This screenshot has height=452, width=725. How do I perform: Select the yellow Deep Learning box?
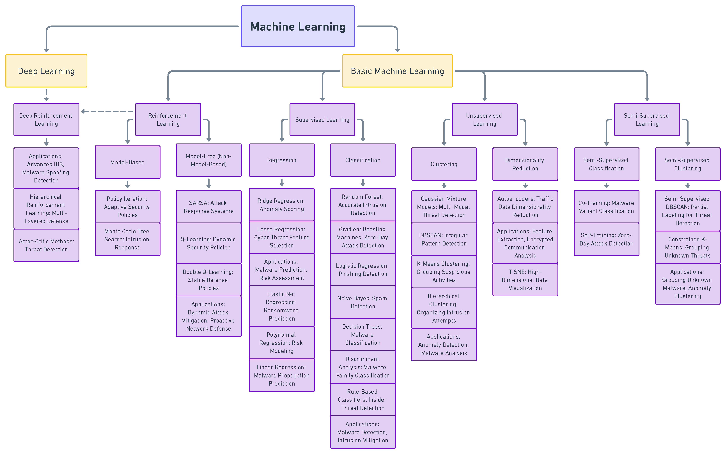(x=46, y=71)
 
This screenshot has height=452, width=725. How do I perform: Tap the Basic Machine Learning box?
(x=397, y=71)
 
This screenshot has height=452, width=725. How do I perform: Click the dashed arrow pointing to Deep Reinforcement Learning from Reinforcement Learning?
(x=108, y=111)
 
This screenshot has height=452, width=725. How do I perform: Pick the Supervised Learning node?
(x=322, y=120)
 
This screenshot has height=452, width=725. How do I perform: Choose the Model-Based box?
(x=127, y=162)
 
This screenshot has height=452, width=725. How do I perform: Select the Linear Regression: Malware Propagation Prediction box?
(x=281, y=375)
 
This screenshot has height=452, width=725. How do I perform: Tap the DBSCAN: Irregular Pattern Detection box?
(x=444, y=239)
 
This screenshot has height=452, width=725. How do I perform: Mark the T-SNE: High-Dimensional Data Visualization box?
(x=525, y=280)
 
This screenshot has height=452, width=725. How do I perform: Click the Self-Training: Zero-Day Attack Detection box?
(x=606, y=239)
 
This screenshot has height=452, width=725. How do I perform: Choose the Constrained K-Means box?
(x=687, y=247)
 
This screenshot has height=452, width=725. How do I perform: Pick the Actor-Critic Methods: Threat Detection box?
(x=46, y=245)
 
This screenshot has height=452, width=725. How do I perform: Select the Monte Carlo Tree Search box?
(x=127, y=239)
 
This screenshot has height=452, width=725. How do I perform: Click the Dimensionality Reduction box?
(x=525, y=164)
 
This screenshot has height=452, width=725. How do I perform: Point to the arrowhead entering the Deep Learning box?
(x=46, y=50)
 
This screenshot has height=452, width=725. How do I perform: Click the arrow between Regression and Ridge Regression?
(x=281, y=182)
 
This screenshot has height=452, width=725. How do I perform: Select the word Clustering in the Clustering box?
(x=444, y=164)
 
